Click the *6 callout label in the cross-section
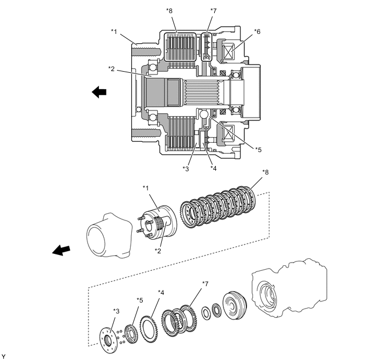257,32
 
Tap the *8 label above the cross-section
169,11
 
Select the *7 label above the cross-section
214,11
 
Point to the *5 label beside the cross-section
258,150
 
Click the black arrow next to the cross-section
99,92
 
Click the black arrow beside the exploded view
61,250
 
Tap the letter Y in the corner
3,357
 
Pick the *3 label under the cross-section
186,169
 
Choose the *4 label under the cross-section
214,169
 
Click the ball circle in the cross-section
204,114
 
